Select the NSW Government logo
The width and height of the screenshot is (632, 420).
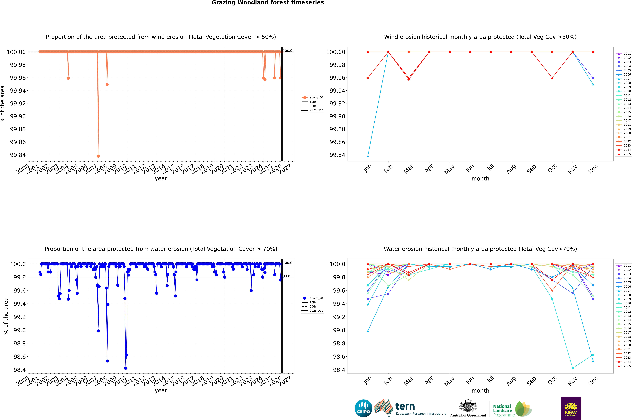(x=571, y=408)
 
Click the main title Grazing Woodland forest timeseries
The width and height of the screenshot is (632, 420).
(x=268, y=3)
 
